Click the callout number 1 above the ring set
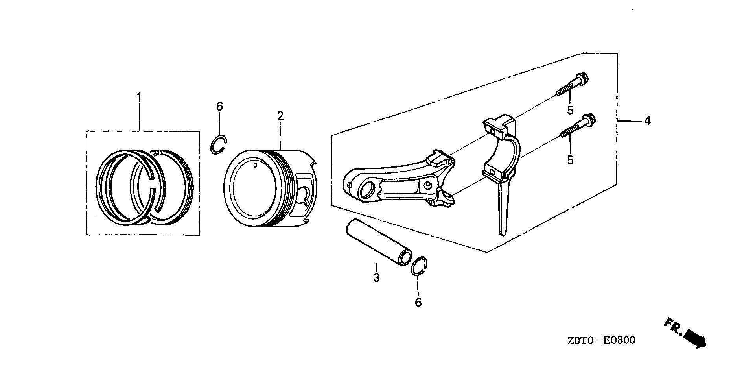coord(138,97)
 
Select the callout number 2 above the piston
coord(280,116)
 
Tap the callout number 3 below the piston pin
coord(376,277)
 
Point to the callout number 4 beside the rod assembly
coord(647,120)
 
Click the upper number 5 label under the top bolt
coord(570,110)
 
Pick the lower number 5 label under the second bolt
coord(570,160)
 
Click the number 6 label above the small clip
coord(219,106)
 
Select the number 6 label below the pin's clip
coord(418,302)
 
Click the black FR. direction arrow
coord(695,339)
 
